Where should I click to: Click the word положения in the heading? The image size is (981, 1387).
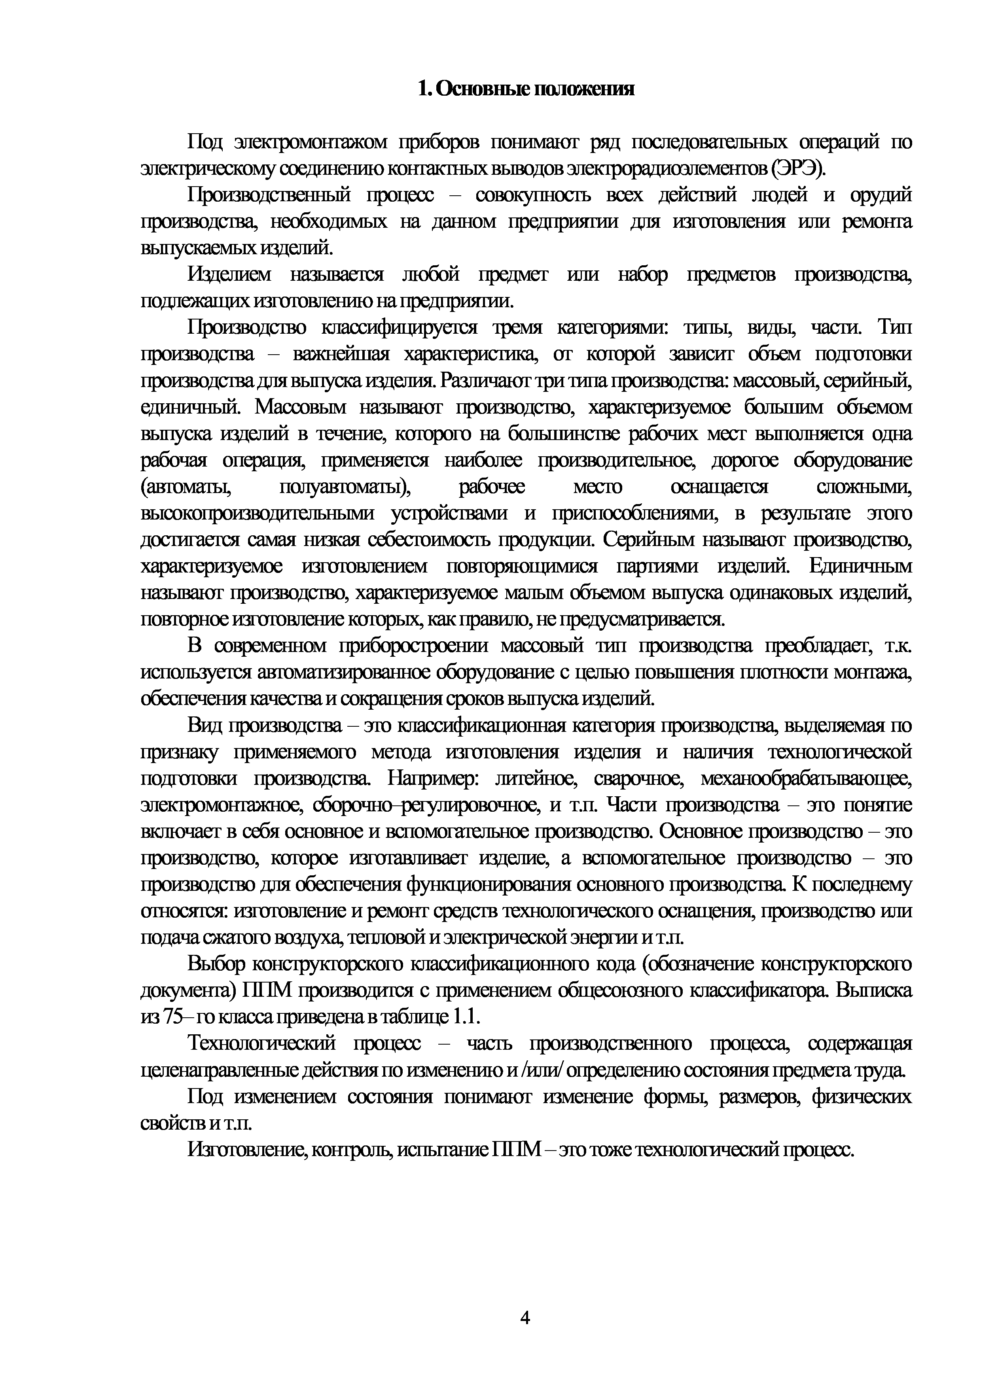point(583,89)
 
